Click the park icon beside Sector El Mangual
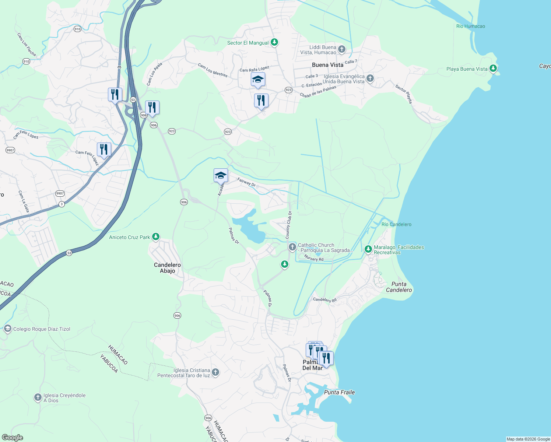pyautogui.click(x=274, y=42)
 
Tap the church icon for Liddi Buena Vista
pyautogui.click(x=342, y=49)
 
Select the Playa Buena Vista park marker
pyautogui.click(x=493, y=69)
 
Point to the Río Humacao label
pyautogui.click(x=470, y=26)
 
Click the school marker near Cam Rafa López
pyautogui.click(x=258, y=80)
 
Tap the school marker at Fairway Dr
pyautogui.click(x=221, y=176)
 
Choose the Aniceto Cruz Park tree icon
pyautogui.click(x=156, y=237)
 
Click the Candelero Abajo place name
pyautogui.click(x=167, y=268)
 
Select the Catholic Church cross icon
pyautogui.click(x=292, y=247)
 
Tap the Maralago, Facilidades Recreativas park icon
pyautogui.click(x=368, y=249)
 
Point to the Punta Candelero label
pyautogui.click(x=399, y=287)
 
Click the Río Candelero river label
pyautogui.click(x=396, y=224)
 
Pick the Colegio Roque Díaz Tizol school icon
pyautogui.click(x=8, y=329)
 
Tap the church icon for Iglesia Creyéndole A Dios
pyautogui.click(x=38, y=397)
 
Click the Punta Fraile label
pyautogui.click(x=339, y=392)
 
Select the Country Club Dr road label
pyautogui.click(x=288, y=225)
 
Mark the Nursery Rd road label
pyautogui.click(x=314, y=259)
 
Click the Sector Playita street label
pyautogui.click(x=404, y=94)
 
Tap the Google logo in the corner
pyautogui.click(x=12, y=438)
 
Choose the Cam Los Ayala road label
pyautogui.click(x=154, y=74)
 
